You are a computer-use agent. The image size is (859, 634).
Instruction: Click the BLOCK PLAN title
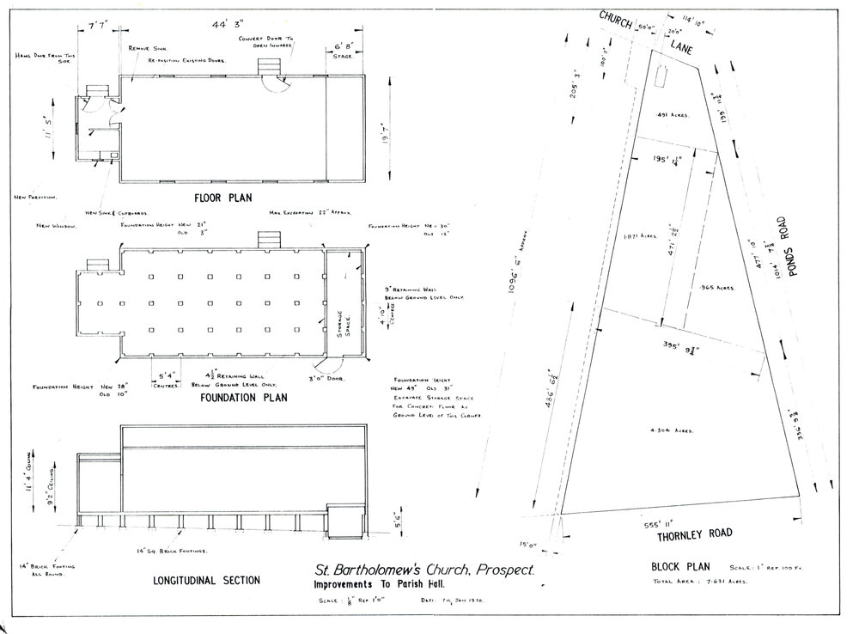point(680,568)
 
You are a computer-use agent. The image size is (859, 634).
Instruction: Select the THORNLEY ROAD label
point(695,533)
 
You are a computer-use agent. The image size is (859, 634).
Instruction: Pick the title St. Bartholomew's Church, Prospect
point(424,570)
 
